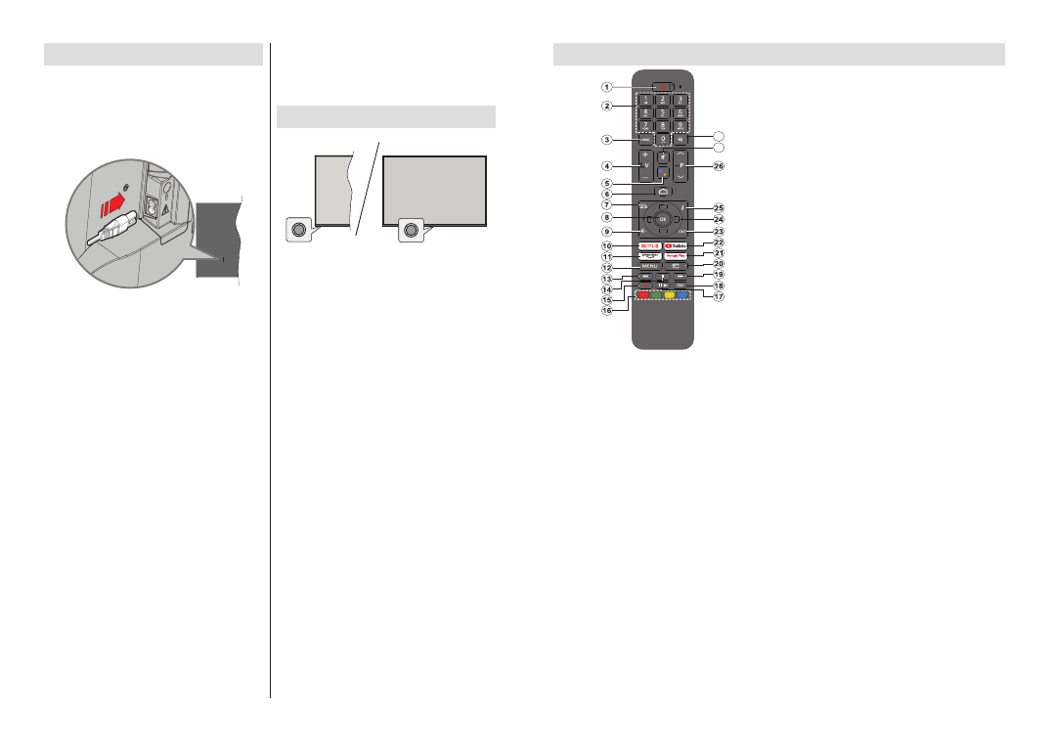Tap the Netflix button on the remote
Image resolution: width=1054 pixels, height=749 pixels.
click(648, 245)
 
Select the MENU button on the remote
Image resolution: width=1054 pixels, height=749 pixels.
click(649, 266)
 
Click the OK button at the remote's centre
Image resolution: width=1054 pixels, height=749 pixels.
click(662, 219)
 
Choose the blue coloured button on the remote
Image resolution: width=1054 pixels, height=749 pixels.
click(682, 294)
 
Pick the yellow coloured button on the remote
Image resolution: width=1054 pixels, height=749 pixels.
click(670, 294)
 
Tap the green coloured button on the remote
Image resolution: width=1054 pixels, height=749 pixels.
click(656, 294)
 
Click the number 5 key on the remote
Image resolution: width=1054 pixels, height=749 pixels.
click(662, 112)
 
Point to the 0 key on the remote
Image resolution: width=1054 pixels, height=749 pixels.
click(662, 139)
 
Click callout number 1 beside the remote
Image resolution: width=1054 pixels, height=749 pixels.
click(606, 86)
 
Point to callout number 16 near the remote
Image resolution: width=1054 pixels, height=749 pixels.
click(606, 310)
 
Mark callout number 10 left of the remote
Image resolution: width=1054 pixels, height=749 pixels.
click(606, 245)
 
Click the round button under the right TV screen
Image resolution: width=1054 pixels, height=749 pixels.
click(410, 231)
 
